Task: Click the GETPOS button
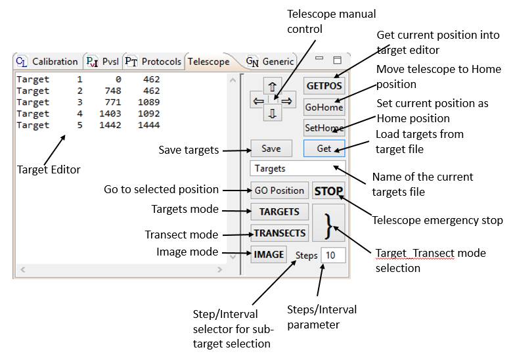pos(324,85)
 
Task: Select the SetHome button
pos(324,128)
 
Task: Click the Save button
pos(271,148)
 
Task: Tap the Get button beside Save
pos(324,148)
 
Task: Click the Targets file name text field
pos(298,169)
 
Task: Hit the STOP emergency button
pos(328,191)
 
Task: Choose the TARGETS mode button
pos(279,212)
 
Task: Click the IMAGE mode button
pos(269,254)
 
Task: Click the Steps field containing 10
pos(333,255)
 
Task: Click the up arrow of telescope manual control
pos(273,85)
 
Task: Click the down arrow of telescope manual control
pos(273,113)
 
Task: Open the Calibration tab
pos(47,62)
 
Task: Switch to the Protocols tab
pos(153,62)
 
